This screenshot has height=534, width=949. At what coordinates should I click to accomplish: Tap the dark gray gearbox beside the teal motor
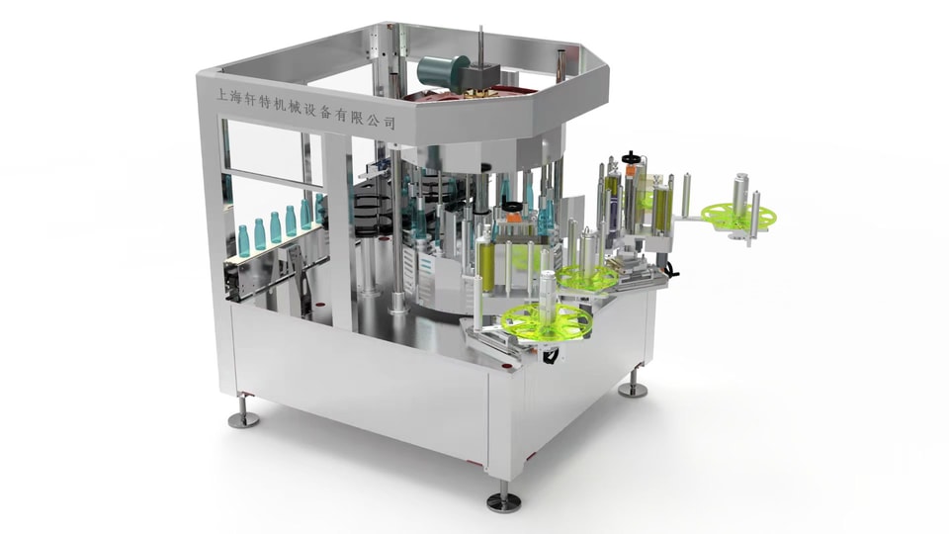(481, 77)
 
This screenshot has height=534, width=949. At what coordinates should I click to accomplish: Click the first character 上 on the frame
(222, 95)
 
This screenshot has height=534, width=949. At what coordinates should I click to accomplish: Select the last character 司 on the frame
(389, 122)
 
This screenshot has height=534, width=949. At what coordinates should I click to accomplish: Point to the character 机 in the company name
(283, 104)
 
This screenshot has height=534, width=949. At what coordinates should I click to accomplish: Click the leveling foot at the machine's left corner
(243, 412)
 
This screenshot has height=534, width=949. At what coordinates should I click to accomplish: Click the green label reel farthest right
(739, 217)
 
